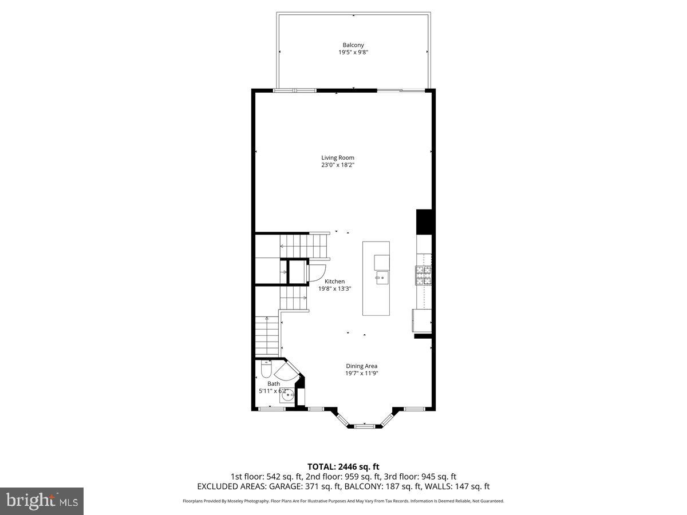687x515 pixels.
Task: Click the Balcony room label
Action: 353,45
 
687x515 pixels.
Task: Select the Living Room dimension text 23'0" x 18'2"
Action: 342,165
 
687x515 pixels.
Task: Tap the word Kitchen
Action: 335,282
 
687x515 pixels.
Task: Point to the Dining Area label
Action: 361,366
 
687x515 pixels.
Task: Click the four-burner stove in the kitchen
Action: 424,276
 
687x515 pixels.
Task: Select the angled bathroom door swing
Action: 291,372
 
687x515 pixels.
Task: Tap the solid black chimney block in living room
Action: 424,222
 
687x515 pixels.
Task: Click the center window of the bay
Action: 364,426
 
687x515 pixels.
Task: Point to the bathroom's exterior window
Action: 269,409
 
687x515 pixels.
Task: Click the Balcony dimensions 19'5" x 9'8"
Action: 353,53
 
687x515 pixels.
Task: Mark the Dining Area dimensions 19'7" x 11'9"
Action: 361,374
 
